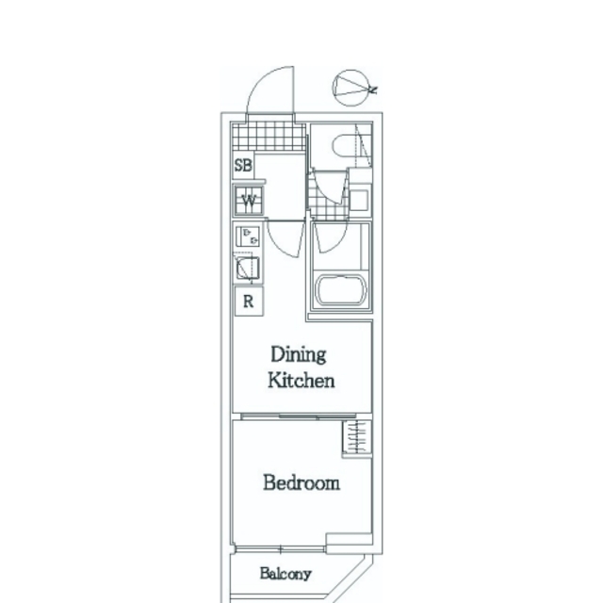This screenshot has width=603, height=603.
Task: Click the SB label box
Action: coord(243,166)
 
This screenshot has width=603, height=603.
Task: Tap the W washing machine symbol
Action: coord(249,200)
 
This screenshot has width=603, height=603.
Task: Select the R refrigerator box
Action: coord(249,301)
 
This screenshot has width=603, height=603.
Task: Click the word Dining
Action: coord(299,354)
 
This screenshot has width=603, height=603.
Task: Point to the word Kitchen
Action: coord(301,381)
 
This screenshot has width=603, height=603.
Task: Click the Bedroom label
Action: coord(301,482)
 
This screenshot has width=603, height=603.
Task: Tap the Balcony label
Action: coord(285,574)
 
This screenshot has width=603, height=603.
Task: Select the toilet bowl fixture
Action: coord(346,145)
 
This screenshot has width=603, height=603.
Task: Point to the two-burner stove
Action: coord(248,236)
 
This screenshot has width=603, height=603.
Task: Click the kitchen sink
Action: coord(248,268)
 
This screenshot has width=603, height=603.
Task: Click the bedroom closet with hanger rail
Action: coord(356,438)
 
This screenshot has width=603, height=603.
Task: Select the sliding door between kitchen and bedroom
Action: coord(299,416)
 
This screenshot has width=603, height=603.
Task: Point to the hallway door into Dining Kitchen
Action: coord(285,238)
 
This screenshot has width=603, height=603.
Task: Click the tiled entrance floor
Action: coord(269,136)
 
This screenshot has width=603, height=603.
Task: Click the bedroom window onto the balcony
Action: coord(281,549)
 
